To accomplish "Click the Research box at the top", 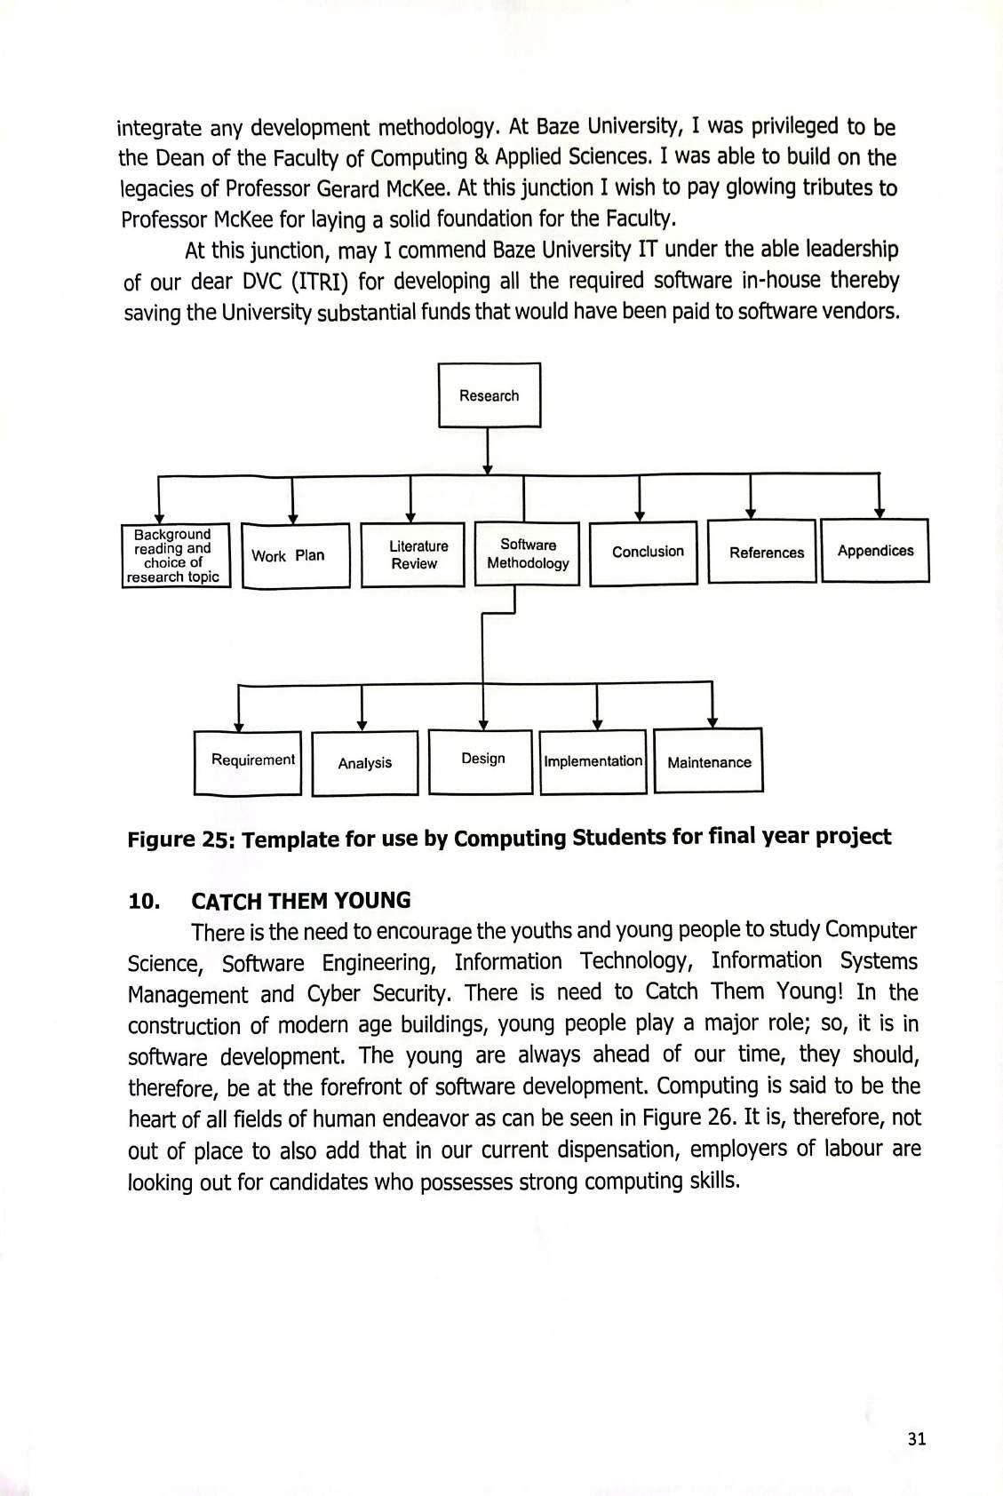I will pyautogui.click(x=489, y=395).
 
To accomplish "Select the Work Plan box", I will pyautogui.click(x=295, y=556).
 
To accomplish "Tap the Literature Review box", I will pyautogui.click(x=412, y=555).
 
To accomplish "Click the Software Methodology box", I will pyautogui.click(x=528, y=554).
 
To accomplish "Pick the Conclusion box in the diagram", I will pyautogui.click(x=643, y=553).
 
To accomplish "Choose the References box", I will pyautogui.click(x=762, y=552).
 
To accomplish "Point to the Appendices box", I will pyautogui.click(x=875, y=551).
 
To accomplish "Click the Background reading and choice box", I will pyautogui.click(x=176, y=556).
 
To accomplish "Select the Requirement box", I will pyautogui.click(x=248, y=761).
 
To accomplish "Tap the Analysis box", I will pyautogui.click(x=365, y=762).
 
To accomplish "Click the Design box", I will pyautogui.click(x=481, y=760).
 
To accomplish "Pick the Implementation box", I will pyautogui.click(x=593, y=761).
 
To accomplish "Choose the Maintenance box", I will pyautogui.click(x=708, y=761).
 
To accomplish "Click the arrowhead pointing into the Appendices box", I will pyautogui.click(x=880, y=513).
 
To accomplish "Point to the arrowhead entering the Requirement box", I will pyautogui.click(x=238, y=725).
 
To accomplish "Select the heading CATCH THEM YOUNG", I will pyautogui.click(x=301, y=901).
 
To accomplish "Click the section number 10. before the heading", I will pyautogui.click(x=144, y=902).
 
